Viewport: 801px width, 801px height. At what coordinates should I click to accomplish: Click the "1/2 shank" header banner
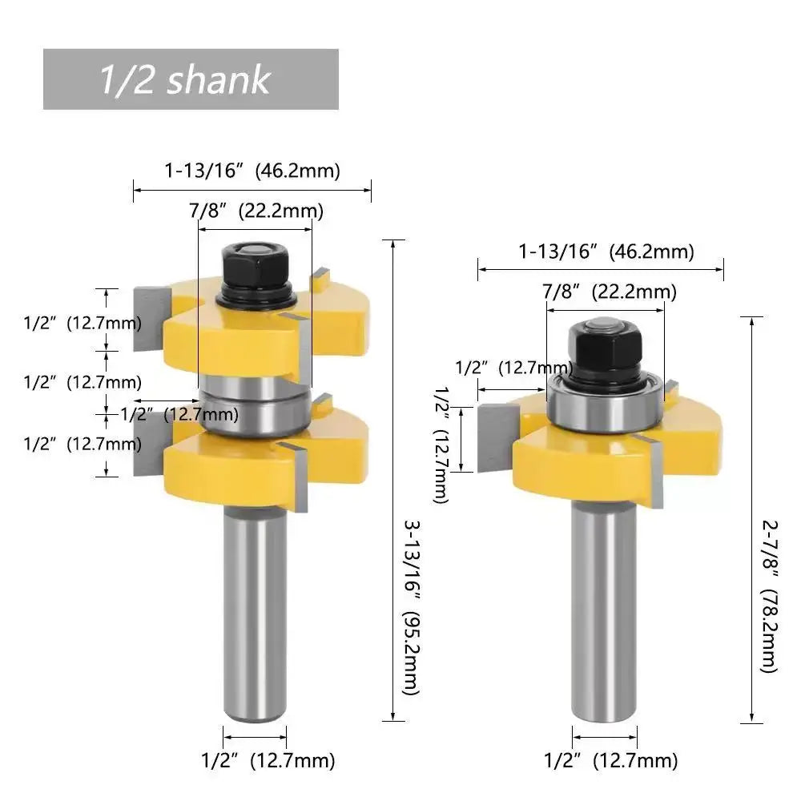(x=191, y=79)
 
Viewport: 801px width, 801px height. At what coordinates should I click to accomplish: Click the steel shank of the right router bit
(x=605, y=609)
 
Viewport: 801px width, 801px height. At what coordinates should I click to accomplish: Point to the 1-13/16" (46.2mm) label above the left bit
(x=252, y=171)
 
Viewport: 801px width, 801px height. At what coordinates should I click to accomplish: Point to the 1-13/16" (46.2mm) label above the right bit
(x=606, y=252)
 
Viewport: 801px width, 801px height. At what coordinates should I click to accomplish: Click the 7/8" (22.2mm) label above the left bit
(x=256, y=211)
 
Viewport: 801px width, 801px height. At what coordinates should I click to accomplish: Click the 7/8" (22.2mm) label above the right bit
(x=609, y=292)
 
